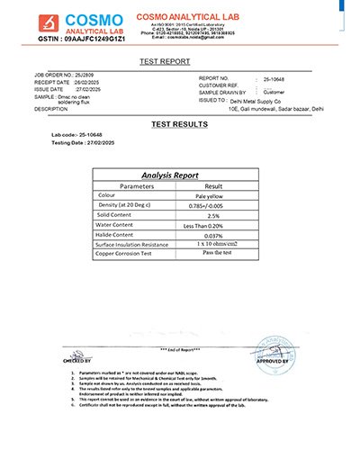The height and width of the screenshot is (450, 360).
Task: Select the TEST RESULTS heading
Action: point(179,123)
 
